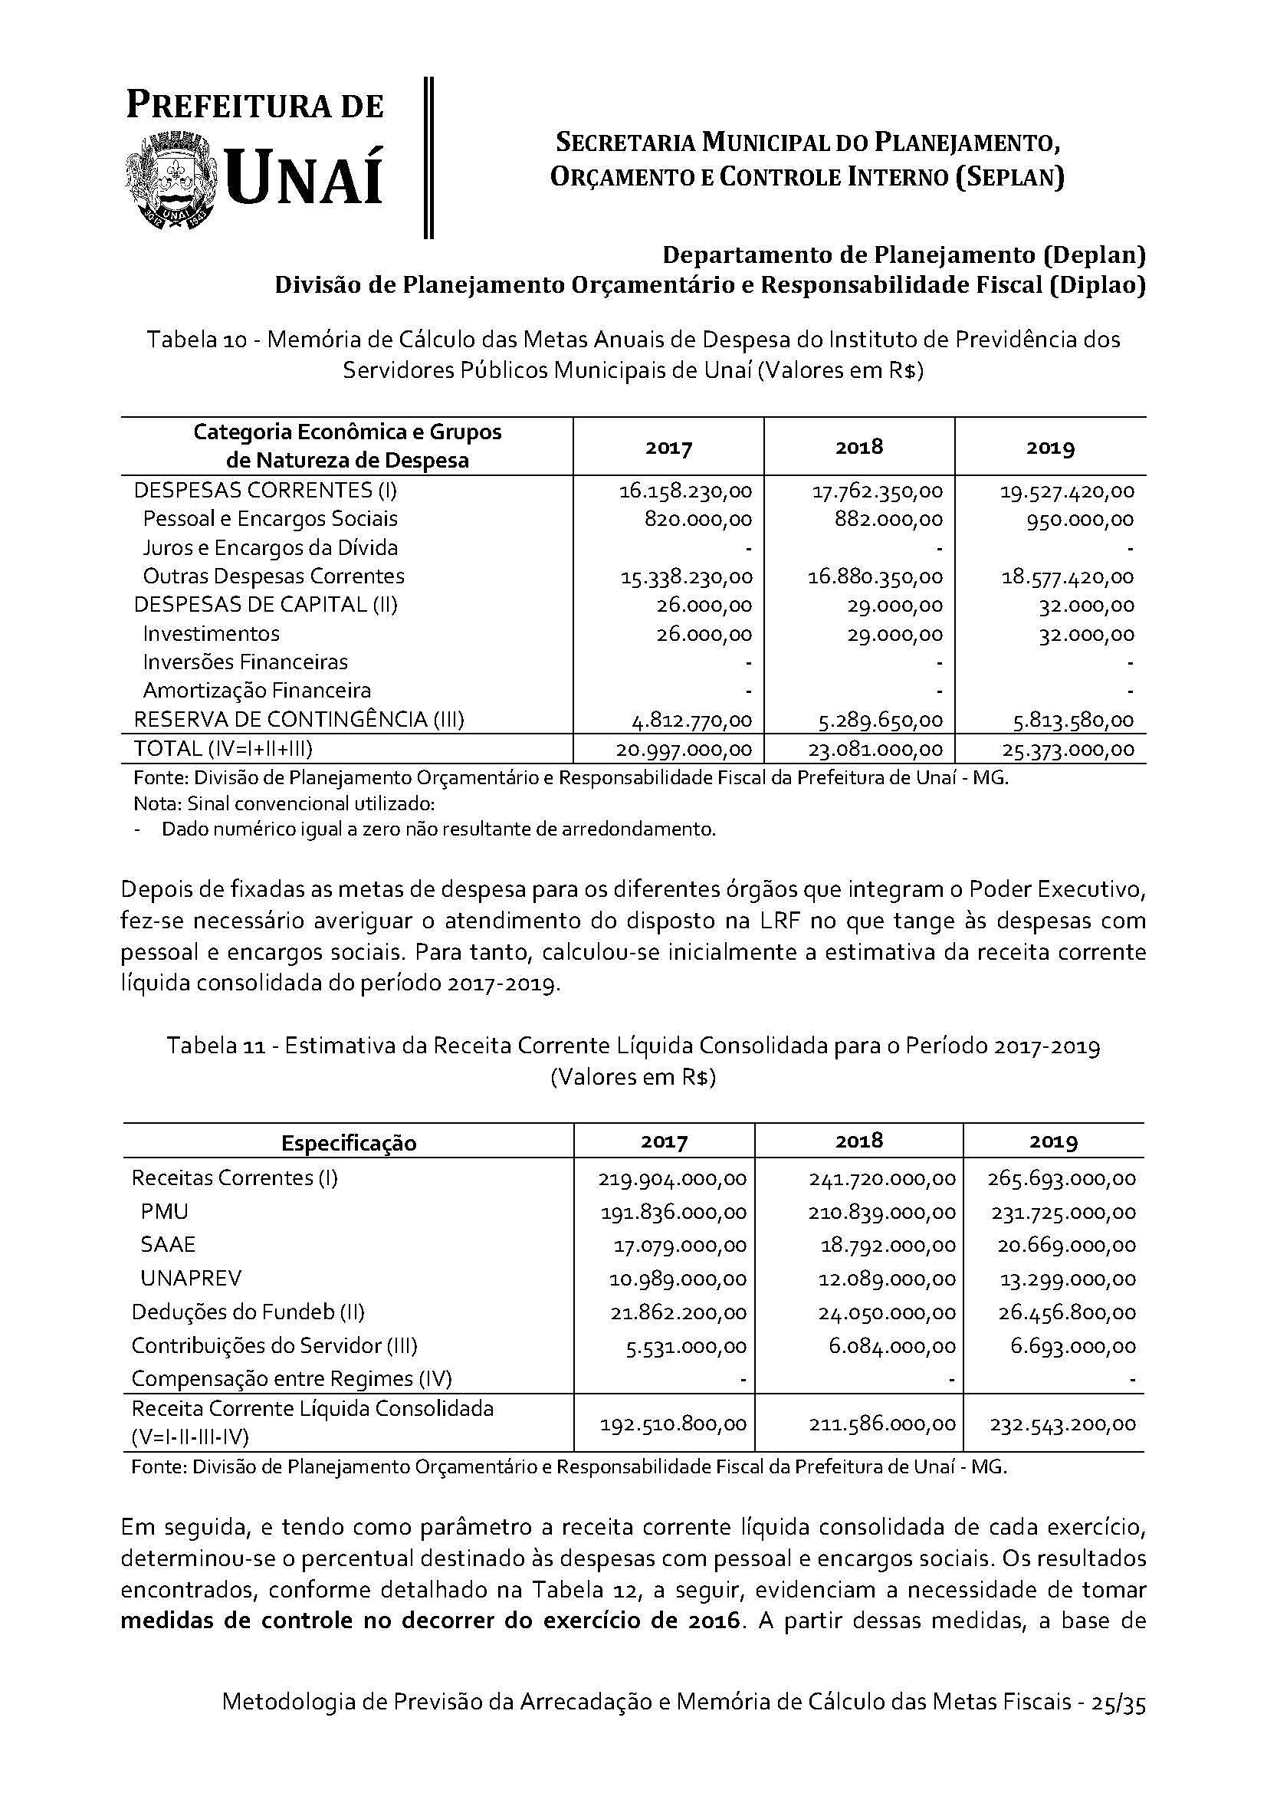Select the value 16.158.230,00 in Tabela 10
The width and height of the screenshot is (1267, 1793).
click(x=685, y=491)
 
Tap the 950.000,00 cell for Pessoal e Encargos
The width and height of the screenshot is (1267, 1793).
click(x=1081, y=520)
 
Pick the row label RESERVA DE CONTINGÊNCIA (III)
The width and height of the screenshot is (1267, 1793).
click(x=299, y=719)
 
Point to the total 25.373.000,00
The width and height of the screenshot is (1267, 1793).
click(x=1068, y=750)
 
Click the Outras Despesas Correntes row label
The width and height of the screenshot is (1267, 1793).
click(x=273, y=576)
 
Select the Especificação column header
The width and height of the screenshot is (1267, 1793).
click(x=349, y=1143)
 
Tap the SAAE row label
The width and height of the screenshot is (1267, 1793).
click(x=168, y=1244)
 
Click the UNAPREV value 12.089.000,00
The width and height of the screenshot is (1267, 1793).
click(x=889, y=1279)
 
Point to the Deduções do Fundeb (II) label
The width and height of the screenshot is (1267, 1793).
click(x=248, y=1312)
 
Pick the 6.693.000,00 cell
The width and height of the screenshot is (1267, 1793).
click(x=1072, y=1346)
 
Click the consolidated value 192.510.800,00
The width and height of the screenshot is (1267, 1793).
click(x=674, y=1424)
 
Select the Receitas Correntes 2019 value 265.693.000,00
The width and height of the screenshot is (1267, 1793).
click(x=1061, y=1178)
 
